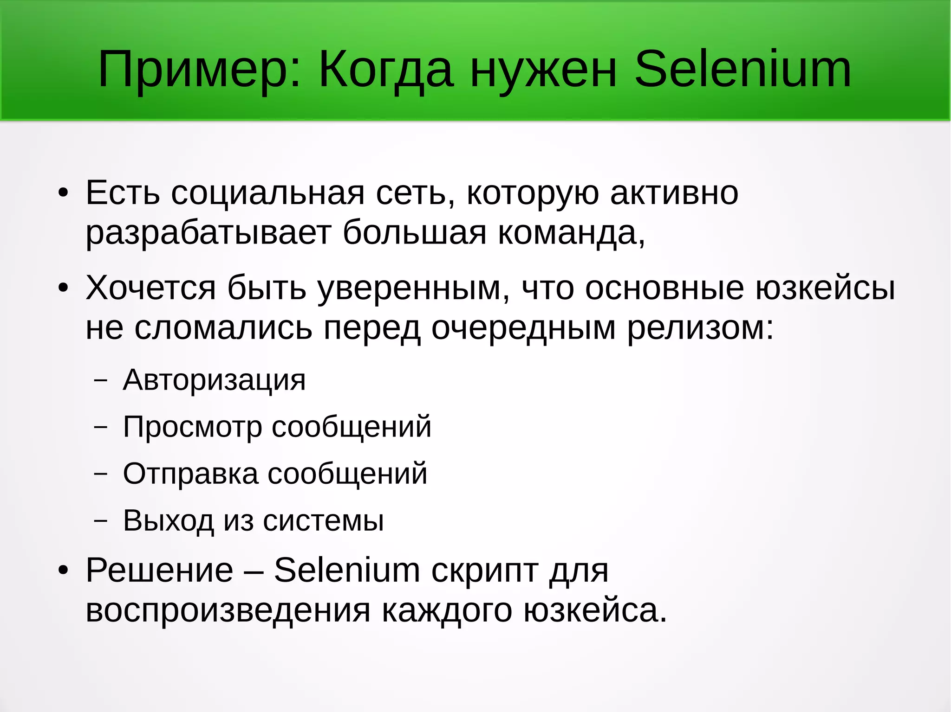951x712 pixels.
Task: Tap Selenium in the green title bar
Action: pyautogui.click(x=743, y=70)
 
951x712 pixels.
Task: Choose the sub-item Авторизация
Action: pyautogui.click(x=214, y=380)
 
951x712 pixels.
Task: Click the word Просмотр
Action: pyautogui.click(x=192, y=427)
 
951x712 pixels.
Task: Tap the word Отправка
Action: pyautogui.click(x=190, y=474)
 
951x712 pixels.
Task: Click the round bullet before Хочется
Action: pyautogui.click(x=63, y=288)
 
